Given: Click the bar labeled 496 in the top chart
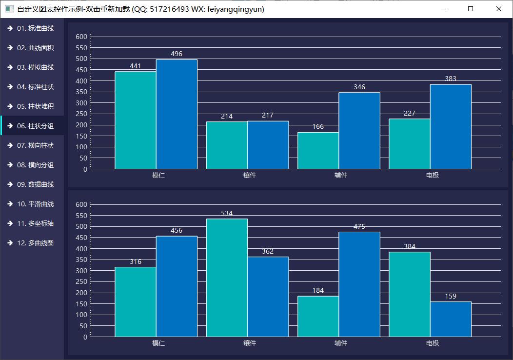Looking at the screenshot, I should pos(177,114).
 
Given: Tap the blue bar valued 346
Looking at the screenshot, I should pos(359,131).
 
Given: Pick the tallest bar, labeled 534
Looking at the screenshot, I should pos(227,278).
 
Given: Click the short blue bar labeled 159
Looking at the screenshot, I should pos(451,319).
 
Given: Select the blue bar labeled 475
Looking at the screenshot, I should pos(359,284).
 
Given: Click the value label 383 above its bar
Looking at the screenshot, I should pos(451,79).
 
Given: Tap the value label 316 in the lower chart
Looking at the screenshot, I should pos(136,261).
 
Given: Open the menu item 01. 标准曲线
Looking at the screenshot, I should pos(35,28).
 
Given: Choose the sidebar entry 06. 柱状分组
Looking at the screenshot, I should pos(35,126).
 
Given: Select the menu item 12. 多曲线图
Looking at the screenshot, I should pos(35,243).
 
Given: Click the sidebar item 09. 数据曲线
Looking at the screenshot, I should pos(35,184).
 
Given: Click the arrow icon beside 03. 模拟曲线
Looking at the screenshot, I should pos(10,67).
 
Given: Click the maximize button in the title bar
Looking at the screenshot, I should pos(471,9).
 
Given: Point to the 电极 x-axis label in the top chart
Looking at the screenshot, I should pos(432,175).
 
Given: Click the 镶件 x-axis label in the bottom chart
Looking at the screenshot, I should pos(250,343).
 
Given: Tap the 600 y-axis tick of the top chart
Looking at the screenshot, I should pos(82,37).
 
